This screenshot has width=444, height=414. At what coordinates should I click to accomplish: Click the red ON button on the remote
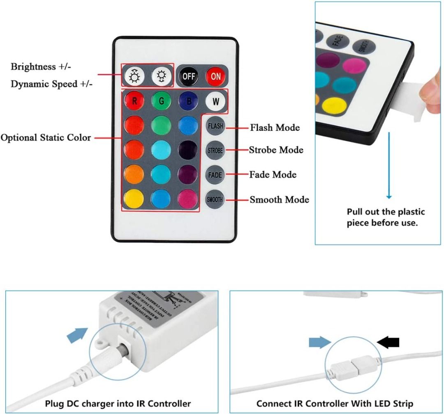pos(216,76)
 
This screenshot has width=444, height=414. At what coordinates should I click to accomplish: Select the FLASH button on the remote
pos(215,126)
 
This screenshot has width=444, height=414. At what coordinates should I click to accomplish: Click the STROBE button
pos(215,150)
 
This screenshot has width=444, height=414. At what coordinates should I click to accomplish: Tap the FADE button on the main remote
pos(215,175)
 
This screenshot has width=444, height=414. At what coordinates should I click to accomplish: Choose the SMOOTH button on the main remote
pos(215,199)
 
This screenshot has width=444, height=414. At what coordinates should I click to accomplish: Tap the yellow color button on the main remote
pos(134,199)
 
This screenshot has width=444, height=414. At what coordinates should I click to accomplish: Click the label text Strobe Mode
pos(276,150)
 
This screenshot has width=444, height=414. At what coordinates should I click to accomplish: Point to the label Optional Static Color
pos(46,137)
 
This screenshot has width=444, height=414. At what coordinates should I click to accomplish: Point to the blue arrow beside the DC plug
pos(77,336)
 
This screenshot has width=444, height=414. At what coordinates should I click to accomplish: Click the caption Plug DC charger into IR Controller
pos(118,403)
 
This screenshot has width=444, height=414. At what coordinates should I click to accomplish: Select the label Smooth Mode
pos(279,200)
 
